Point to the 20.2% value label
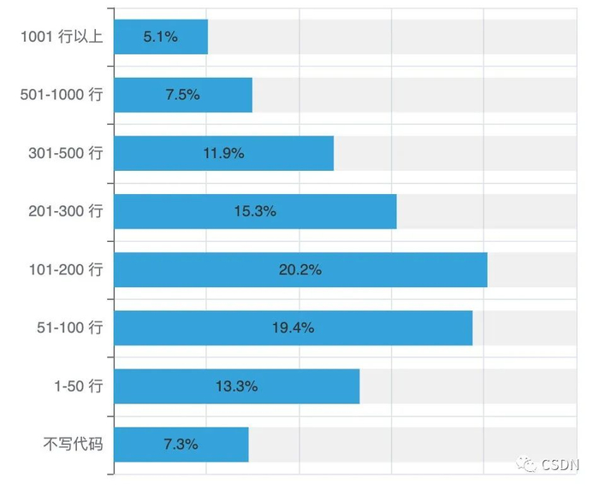(300, 269)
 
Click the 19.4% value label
(293, 327)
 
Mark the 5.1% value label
(161, 37)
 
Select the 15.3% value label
(255, 211)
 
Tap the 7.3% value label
(181, 444)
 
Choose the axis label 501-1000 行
(61, 95)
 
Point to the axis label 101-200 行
(65, 269)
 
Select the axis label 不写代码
(73, 444)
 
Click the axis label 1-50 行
(77, 386)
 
